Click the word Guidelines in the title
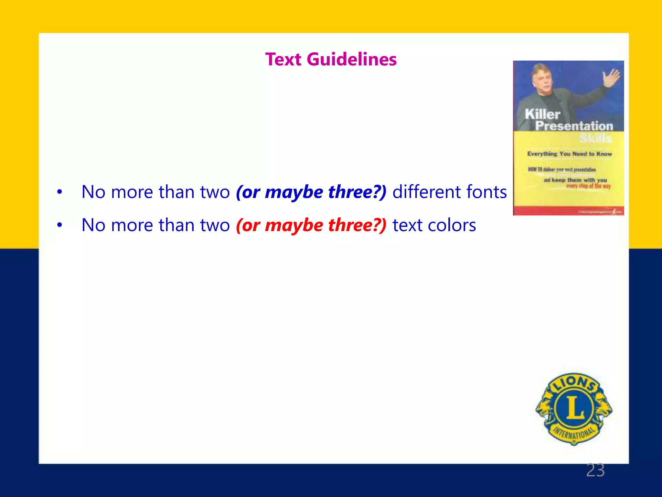352,60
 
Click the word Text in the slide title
283,60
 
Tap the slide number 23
595,470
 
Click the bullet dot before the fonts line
59,192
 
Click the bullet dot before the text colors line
59,225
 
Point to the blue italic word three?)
357,192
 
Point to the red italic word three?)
357,225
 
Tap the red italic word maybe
294,225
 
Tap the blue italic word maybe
294,192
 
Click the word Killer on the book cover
542,114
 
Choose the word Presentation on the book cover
574,126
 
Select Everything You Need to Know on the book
570,154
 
